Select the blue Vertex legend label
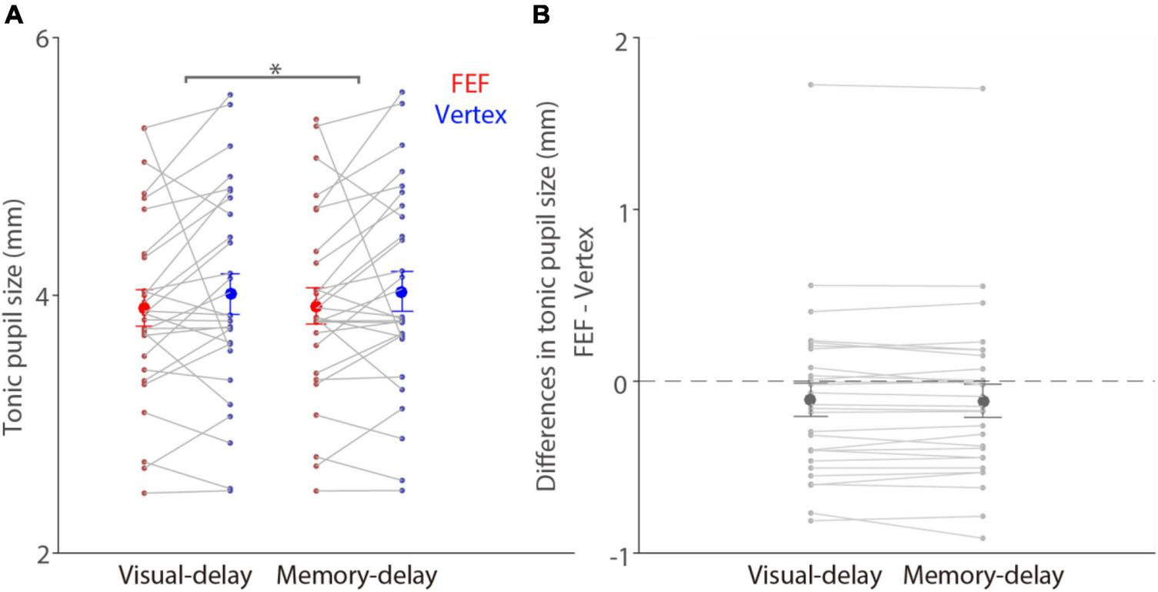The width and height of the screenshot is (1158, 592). coord(471,115)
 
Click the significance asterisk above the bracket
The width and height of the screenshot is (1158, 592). coord(275,70)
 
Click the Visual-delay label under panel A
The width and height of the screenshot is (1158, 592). coord(185,576)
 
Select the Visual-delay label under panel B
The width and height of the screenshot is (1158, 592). coord(815,576)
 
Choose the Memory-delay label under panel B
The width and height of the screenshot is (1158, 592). coord(983,576)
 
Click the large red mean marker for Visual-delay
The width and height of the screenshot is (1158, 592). coord(144,308)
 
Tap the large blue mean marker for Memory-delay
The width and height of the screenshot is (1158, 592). coord(402,292)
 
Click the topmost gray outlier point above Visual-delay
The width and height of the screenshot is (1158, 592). coord(809,85)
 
